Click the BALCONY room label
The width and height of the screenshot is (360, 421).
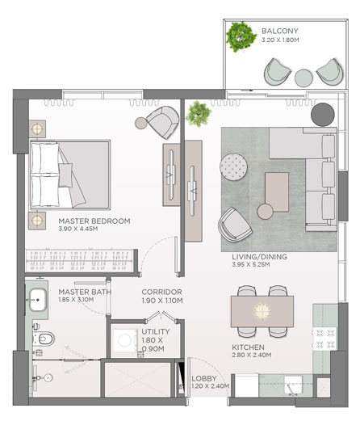click(280, 31)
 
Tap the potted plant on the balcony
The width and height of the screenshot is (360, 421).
click(241, 36)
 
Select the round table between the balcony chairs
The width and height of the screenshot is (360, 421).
click(303, 78)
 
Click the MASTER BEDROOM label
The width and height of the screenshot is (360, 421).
click(94, 221)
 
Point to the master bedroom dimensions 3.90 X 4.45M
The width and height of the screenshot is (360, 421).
click(78, 229)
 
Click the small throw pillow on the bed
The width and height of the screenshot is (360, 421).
click(65, 175)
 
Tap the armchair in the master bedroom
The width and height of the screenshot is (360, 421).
click(162, 122)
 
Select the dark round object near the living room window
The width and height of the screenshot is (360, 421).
click(323, 114)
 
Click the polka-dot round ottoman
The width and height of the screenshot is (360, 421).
click(233, 166)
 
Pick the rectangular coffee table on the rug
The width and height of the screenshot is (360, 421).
click(277, 192)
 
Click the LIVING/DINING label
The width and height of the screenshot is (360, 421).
click(259, 257)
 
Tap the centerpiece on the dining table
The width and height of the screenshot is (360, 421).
click(262, 311)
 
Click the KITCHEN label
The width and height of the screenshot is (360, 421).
click(248, 347)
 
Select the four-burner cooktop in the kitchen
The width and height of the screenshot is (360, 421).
click(325, 339)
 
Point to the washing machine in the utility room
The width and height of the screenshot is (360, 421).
click(125, 341)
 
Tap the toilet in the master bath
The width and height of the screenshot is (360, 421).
click(44, 339)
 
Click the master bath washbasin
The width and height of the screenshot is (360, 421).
click(38, 300)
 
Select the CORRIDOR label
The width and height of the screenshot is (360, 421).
click(161, 292)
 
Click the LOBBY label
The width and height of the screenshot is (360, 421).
click(204, 378)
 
